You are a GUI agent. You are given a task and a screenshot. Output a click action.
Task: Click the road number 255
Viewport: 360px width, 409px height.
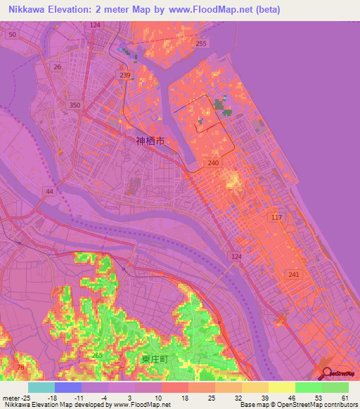click(x=201, y=44)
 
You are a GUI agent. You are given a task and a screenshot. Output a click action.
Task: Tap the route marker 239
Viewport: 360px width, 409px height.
click(x=126, y=75)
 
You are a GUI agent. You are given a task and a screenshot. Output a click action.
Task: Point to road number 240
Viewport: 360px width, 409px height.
click(x=214, y=162)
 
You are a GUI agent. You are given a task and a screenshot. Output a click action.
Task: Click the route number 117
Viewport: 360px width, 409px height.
click(x=276, y=218)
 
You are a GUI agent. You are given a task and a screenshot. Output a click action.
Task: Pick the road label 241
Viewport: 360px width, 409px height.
click(x=293, y=275)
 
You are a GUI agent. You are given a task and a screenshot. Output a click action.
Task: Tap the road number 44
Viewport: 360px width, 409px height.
click(x=49, y=191)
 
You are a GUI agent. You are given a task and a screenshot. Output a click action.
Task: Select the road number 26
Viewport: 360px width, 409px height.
click(x=57, y=67)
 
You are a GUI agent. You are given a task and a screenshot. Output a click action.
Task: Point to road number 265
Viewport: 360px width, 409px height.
click(x=96, y=355)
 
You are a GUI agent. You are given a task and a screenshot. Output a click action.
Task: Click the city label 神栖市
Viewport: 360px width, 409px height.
click(x=150, y=141)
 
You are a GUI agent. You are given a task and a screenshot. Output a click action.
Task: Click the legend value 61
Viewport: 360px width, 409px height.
click(x=344, y=398)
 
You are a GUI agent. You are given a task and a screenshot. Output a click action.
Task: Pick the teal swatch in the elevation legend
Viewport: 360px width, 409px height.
click(x=41, y=387)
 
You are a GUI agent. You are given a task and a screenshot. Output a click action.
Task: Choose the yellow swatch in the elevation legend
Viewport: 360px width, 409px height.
click(x=281, y=387)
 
